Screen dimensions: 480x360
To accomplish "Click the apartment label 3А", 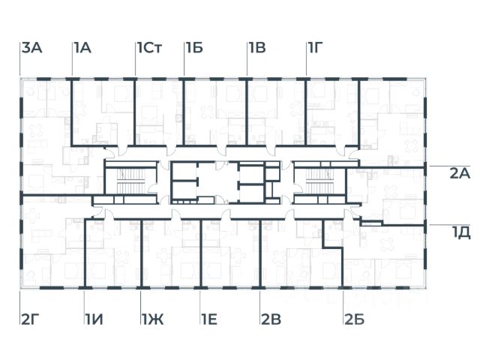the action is click(31, 49).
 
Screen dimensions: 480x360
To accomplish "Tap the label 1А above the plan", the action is click(82, 49).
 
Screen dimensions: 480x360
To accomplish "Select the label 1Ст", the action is click(150, 49).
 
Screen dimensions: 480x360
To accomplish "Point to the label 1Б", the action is click(194, 49).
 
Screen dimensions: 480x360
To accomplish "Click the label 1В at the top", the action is click(257, 49).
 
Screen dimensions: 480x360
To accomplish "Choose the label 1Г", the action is click(316, 49).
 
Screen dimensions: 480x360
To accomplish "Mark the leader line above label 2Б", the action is click(343, 300).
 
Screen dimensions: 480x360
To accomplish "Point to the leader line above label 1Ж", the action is click(142, 300).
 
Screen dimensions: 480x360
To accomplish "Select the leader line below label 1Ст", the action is click(136, 66).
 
